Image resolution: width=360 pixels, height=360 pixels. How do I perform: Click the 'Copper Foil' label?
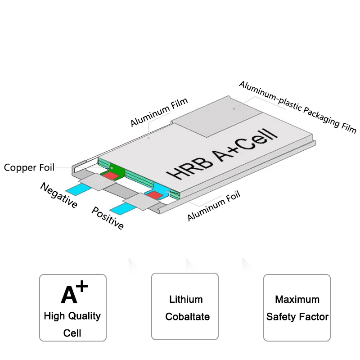pos(29,168)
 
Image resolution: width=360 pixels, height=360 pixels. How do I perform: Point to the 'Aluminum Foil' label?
pos(214,206)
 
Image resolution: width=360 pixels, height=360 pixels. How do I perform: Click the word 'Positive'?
pos(108,218)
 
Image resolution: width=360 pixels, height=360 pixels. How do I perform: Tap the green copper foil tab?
pos(116,170)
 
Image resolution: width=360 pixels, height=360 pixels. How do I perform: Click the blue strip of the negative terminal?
pos(73,188)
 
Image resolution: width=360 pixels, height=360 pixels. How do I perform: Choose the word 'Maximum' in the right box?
pos(297,299)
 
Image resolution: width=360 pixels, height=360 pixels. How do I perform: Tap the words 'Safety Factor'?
pos(297,317)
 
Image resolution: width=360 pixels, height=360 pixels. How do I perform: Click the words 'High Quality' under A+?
pos(72,315)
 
